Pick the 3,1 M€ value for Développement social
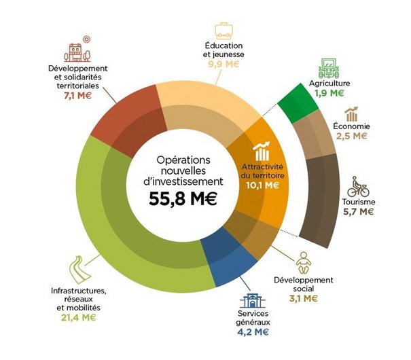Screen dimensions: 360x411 pyautogui.click(x=303, y=298)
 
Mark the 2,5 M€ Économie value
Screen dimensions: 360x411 pyautogui.click(x=351, y=136)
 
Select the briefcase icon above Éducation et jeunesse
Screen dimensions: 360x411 pyautogui.click(x=224, y=31)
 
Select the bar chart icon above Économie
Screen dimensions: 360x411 pyautogui.click(x=351, y=113)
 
